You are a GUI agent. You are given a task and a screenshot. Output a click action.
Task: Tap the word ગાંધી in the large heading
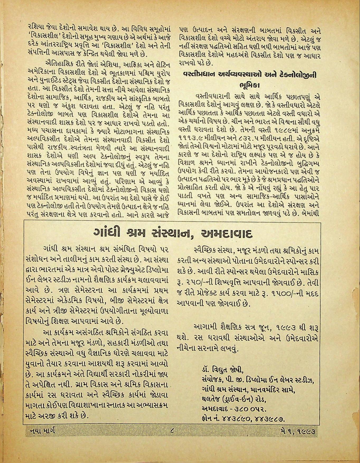tap(107, 233)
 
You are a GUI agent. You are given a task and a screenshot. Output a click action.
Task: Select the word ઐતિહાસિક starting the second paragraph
tap(56, 65)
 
